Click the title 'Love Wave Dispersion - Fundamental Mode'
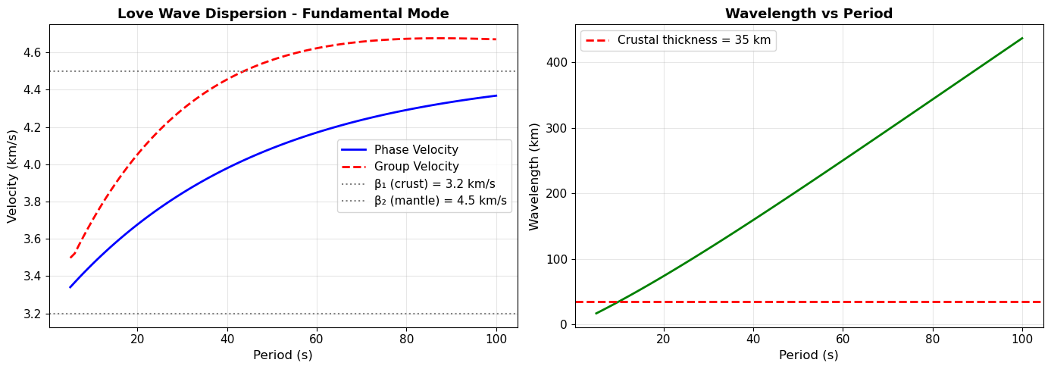pyautogui.click(x=283, y=14)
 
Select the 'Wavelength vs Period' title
pyautogui.click(x=809, y=14)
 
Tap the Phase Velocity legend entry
pyautogui.click(x=416, y=150)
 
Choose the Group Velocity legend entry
pyautogui.click(x=416, y=167)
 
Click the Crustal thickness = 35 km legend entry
pyautogui.click(x=693, y=41)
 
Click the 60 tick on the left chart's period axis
pyautogui.click(x=317, y=338)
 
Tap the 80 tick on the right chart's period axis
pyautogui.click(x=933, y=338)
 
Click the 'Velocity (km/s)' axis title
pyautogui.click(x=12, y=176)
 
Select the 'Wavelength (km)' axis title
pyautogui.click(x=534, y=176)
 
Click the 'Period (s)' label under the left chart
pyautogui.click(x=283, y=355)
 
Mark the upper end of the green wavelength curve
pyautogui.click(x=1022, y=38)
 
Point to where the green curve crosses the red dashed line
pyautogui.click(x=618, y=302)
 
